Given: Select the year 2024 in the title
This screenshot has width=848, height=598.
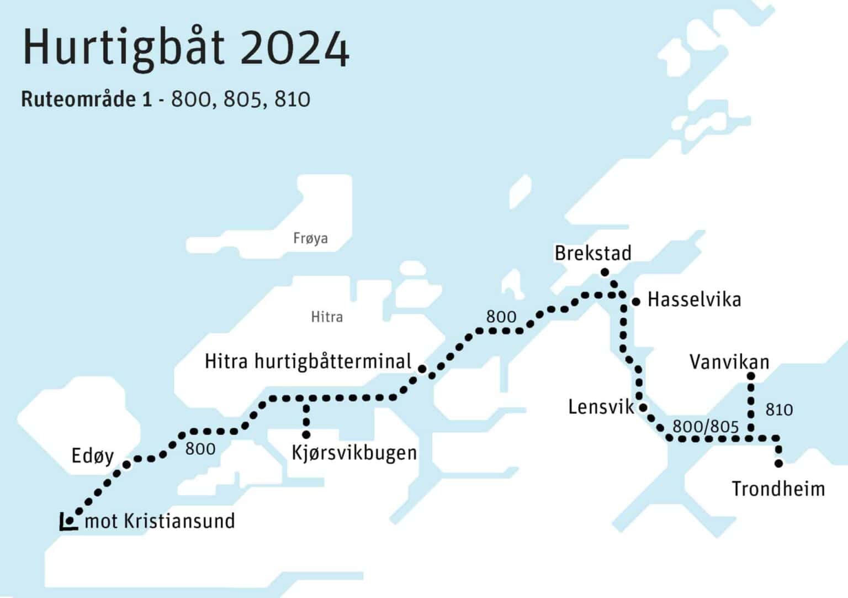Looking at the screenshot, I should (x=295, y=49).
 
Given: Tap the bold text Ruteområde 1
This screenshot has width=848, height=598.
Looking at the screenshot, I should (x=86, y=99).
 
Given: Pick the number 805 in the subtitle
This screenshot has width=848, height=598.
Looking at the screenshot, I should (x=242, y=99).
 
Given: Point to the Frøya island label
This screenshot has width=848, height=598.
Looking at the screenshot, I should (x=310, y=238).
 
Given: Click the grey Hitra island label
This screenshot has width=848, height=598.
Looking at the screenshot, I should (x=327, y=317).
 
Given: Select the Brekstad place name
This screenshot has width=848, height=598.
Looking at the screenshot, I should (x=592, y=253).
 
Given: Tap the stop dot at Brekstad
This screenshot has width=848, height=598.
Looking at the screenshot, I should (x=605, y=272).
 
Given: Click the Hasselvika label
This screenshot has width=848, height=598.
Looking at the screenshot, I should (x=694, y=300).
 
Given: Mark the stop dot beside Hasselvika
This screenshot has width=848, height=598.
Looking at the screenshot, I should (x=636, y=302).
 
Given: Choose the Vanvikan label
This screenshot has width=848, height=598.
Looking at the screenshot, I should (x=729, y=362).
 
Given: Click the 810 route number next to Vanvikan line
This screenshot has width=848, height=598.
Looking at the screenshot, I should (x=779, y=410).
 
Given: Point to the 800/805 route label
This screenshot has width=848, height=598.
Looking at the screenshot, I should (x=705, y=427).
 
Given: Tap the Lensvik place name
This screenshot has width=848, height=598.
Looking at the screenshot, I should (x=601, y=407).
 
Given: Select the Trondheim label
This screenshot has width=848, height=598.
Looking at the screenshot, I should (x=778, y=489).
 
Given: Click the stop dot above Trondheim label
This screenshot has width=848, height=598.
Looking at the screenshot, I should (x=779, y=463).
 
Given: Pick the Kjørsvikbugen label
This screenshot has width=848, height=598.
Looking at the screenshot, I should (x=354, y=453).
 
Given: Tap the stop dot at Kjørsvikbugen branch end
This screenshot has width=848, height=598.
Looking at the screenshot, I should (x=306, y=435).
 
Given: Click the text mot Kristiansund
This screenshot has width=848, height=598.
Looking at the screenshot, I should (x=160, y=521).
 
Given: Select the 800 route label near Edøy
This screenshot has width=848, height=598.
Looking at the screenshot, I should (x=200, y=449).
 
